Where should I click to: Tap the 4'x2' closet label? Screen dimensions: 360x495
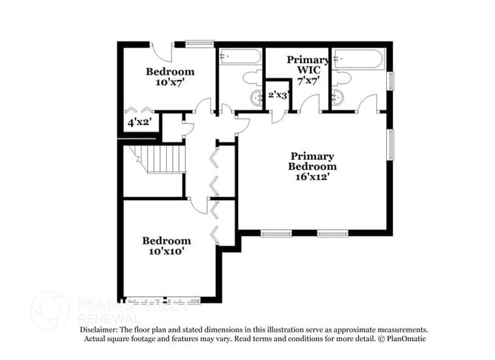coord(139,122)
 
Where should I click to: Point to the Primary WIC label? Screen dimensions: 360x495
coord(308,61)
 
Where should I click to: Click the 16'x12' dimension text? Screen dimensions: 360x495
coord(312,177)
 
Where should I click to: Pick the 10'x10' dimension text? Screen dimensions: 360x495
coord(166,252)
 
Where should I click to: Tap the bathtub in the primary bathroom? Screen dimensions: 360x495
coord(360,59)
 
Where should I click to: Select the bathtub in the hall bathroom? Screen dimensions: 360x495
coord(239,57)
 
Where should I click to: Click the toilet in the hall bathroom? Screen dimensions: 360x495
coord(252,78)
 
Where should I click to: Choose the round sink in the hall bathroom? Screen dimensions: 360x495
coord(255,97)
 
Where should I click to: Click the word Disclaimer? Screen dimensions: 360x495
coord(103,330)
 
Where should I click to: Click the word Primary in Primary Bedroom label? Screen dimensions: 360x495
coord(312,155)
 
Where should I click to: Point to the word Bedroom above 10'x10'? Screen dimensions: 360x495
coord(166,241)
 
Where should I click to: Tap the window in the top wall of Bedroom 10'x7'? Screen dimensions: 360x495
coord(200,43)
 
